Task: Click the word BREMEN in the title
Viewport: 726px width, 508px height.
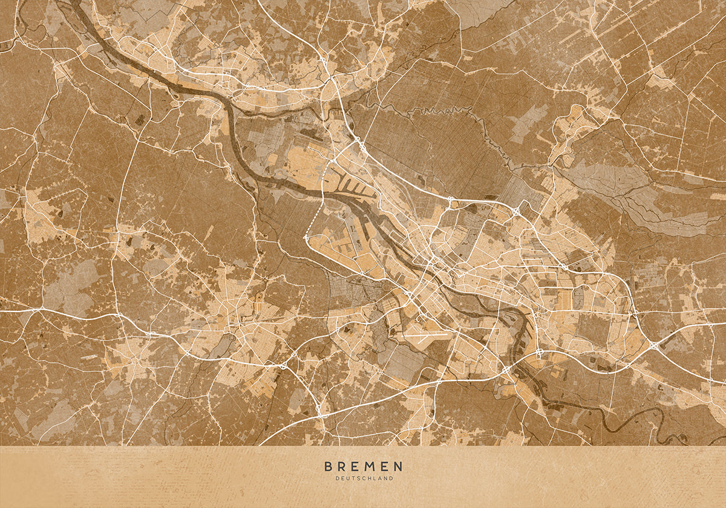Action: (364, 466)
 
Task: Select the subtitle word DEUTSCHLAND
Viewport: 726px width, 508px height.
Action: (364, 478)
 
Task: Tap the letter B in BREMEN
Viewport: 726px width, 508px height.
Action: (329, 466)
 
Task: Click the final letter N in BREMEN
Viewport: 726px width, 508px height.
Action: (398, 466)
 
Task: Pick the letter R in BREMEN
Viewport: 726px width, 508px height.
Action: (342, 466)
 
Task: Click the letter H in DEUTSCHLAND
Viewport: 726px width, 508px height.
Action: (368, 478)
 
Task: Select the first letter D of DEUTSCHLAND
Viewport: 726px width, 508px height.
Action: (337, 478)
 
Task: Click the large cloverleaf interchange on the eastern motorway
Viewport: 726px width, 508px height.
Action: (655, 345)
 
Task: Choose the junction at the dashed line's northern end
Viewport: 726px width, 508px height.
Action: (332, 162)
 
